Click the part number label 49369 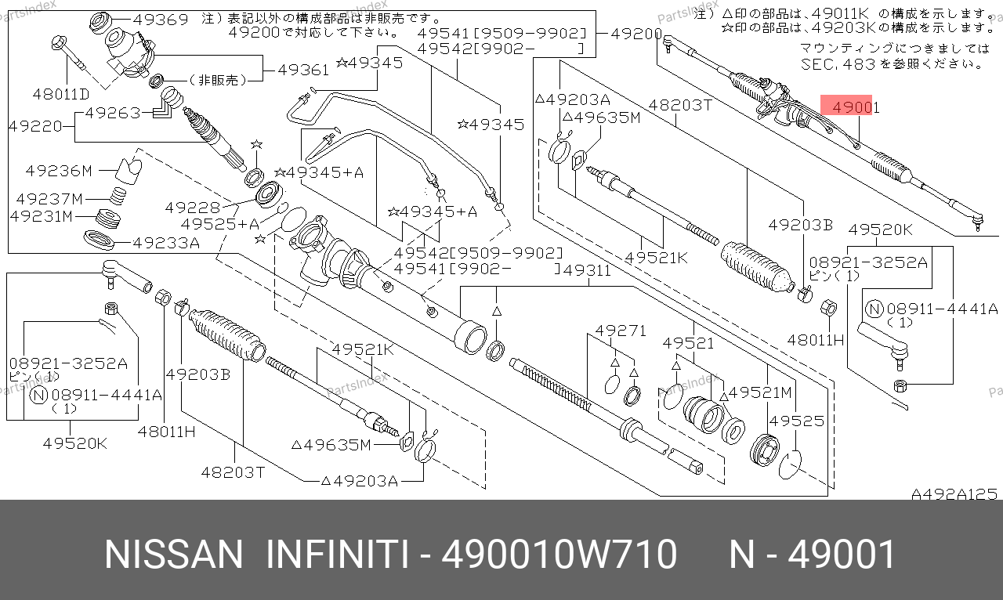161,20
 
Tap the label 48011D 61,94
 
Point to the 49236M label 59,171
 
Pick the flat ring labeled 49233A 100,240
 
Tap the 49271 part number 621,331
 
